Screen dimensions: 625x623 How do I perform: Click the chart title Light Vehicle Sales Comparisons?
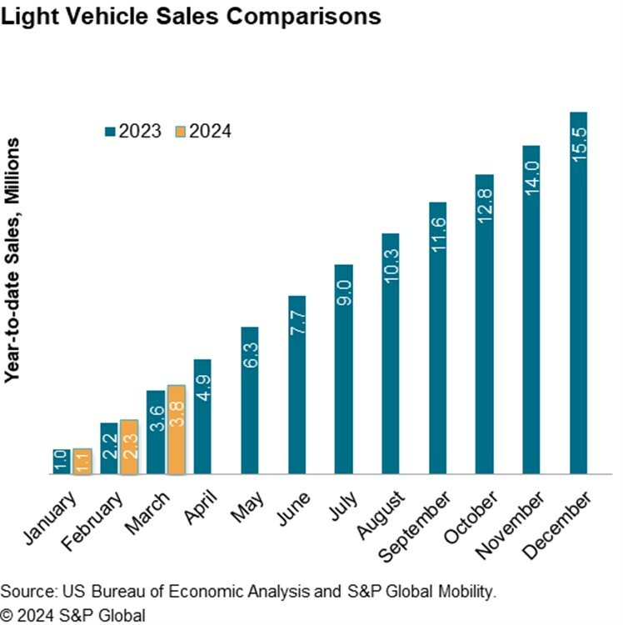(x=192, y=16)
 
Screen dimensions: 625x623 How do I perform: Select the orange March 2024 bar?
(x=176, y=430)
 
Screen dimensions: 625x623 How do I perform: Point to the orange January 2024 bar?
(x=82, y=462)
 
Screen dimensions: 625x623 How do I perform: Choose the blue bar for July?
(x=343, y=370)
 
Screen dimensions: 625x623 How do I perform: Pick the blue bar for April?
(x=202, y=417)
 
